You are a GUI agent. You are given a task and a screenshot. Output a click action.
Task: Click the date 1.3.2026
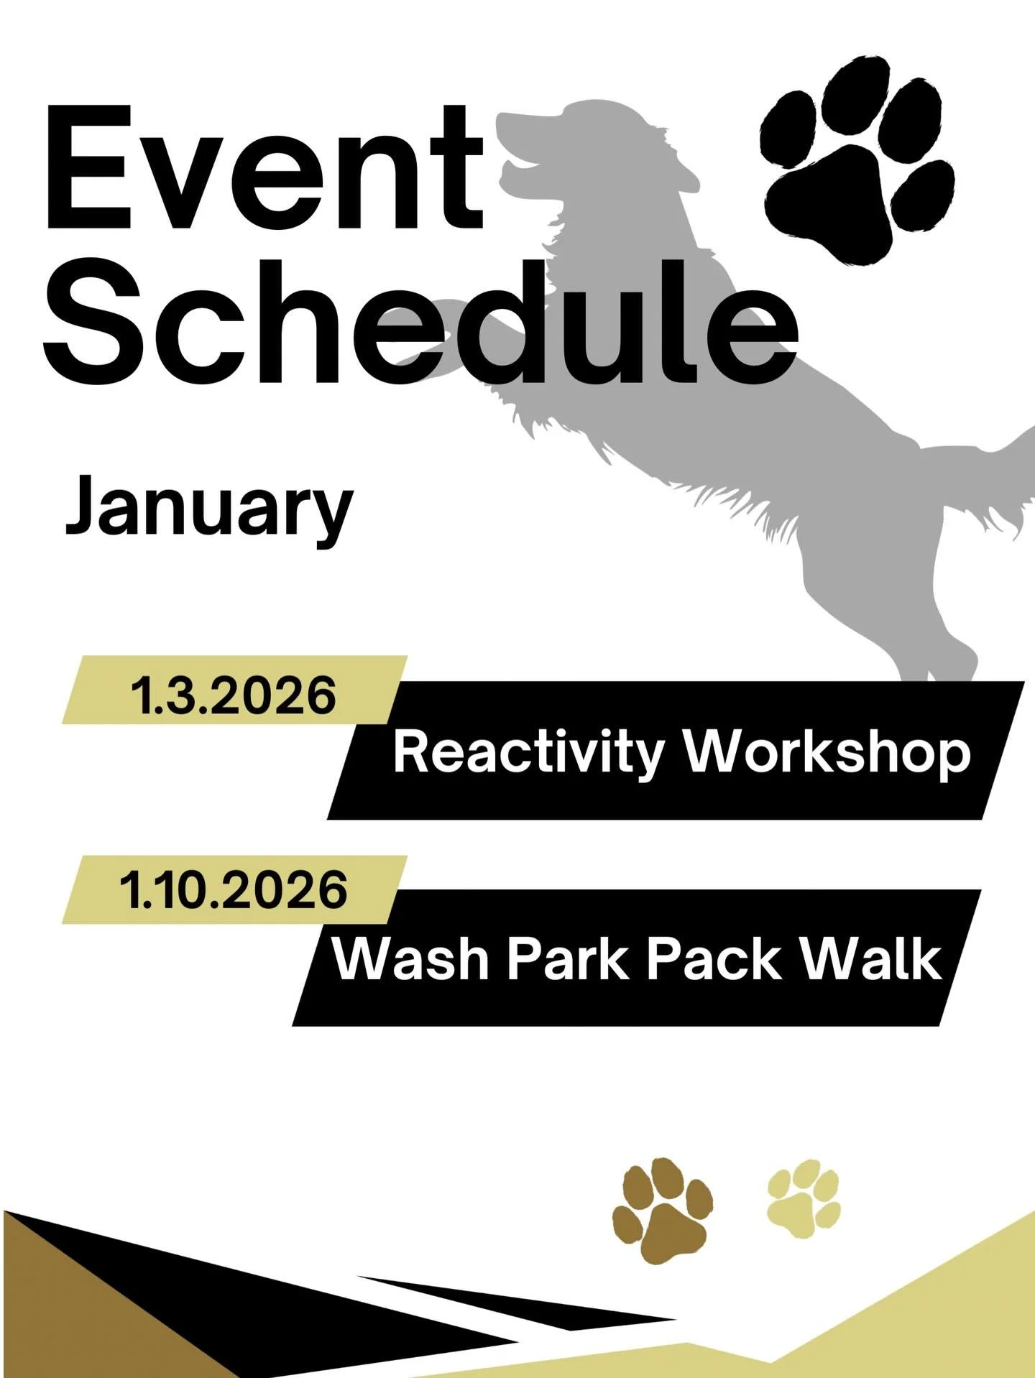(233, 695)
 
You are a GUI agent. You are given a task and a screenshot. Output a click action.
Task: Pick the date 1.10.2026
(233, 889)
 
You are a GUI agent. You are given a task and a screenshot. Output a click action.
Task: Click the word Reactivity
(528, 753)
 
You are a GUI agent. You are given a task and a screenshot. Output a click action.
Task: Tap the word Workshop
(827, 753)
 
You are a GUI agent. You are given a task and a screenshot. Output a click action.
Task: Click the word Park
(568, 959)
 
